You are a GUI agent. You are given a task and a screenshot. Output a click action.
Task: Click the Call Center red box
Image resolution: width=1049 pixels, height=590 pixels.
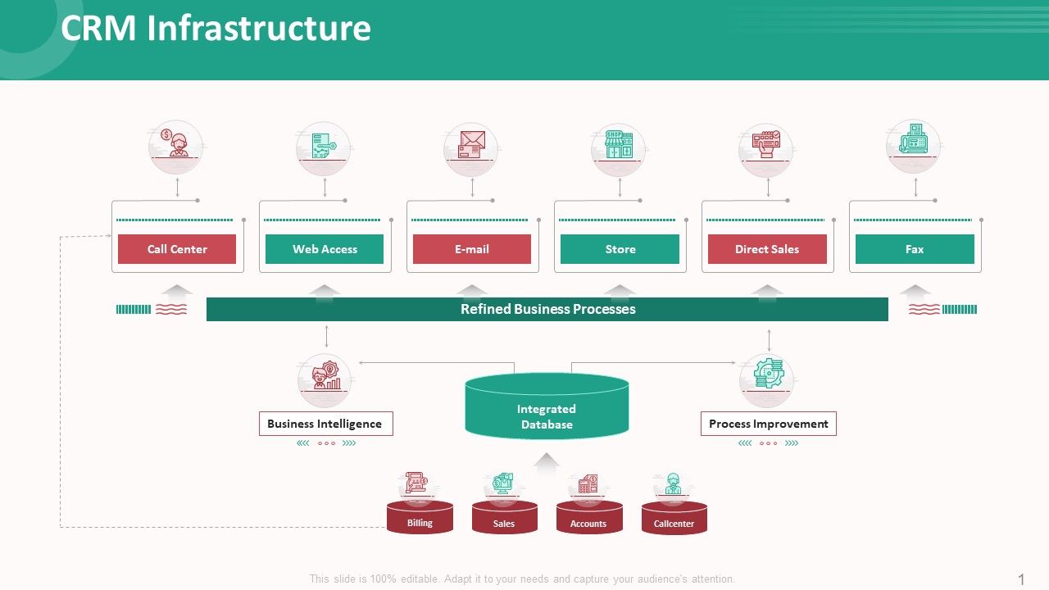(x=177, y=249)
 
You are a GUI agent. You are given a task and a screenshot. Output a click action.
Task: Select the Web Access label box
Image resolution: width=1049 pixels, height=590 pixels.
(x=325, y=249)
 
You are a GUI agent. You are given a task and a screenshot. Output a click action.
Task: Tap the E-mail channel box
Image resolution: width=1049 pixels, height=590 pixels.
(x=472, y=249)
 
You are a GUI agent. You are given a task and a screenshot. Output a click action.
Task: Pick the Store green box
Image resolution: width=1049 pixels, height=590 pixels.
(x=620, y=249)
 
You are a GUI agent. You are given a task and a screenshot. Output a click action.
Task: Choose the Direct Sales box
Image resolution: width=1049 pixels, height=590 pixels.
(x=767, y=249)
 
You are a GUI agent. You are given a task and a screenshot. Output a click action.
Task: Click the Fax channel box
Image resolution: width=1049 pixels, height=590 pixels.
(x=915, y=249)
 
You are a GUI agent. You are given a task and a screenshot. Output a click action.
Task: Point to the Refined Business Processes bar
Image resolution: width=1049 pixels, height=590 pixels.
(x=547, y=309)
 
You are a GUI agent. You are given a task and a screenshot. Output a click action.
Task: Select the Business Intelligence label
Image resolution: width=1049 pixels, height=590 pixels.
(x=325, y=424)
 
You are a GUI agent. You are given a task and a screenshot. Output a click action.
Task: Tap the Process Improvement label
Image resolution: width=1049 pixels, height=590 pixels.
(x=768, y=424)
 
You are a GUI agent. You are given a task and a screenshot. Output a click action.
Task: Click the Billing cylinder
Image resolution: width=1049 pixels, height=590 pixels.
(x=420, y=519)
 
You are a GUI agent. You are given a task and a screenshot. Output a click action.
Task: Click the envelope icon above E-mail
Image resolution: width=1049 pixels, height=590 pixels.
(x=471, y=144)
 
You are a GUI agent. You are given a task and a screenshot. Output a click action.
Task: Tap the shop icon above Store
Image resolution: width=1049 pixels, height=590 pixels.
(x=619, y=144)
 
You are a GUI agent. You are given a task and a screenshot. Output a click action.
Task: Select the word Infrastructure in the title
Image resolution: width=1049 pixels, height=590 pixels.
(x=259, y=29)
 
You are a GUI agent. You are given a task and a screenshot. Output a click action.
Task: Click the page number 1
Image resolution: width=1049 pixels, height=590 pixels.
(x=1021, y=579)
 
